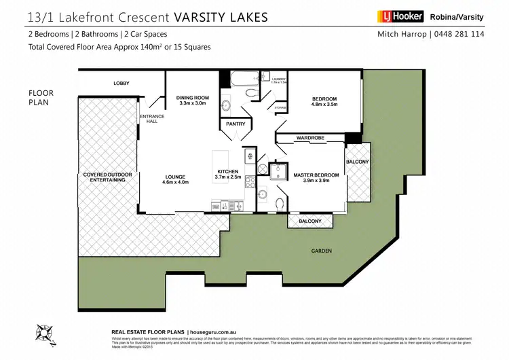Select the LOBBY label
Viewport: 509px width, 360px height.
121,84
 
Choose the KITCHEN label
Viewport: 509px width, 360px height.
227,174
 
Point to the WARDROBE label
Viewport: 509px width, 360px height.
309,138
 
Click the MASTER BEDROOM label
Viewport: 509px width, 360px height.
316,178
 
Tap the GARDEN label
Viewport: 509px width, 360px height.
322,251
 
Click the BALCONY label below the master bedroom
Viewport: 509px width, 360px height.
310,221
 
